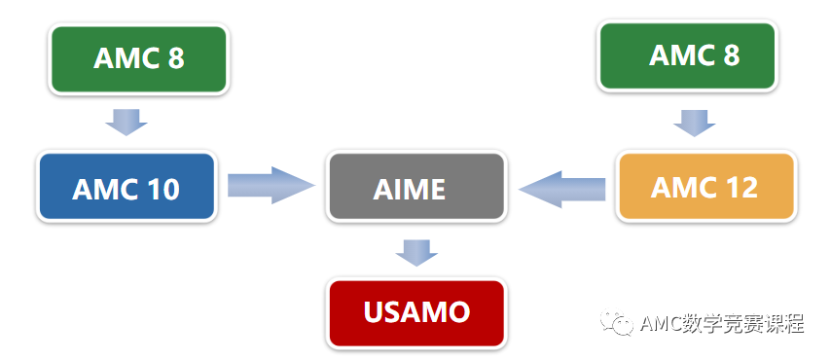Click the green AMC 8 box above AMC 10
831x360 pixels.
point(138,58)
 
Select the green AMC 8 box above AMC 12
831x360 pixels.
point(687,55)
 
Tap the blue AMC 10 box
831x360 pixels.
point(126,187)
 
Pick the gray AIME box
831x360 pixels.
point(416,187)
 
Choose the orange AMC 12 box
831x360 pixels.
point(706,187)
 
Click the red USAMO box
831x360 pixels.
point(416,313)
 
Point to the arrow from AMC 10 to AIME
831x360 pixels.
point(271,186)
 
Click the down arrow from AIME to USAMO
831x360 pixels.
point(416,253)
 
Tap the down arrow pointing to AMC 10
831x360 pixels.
point(126,123)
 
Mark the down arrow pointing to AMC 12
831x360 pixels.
point(694,124)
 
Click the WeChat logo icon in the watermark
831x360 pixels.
point(618,322)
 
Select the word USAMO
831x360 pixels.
point(416,311)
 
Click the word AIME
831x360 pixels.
point(409,190)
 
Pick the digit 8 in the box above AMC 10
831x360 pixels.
point(176,58)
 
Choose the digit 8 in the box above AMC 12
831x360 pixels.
point(732,55)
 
